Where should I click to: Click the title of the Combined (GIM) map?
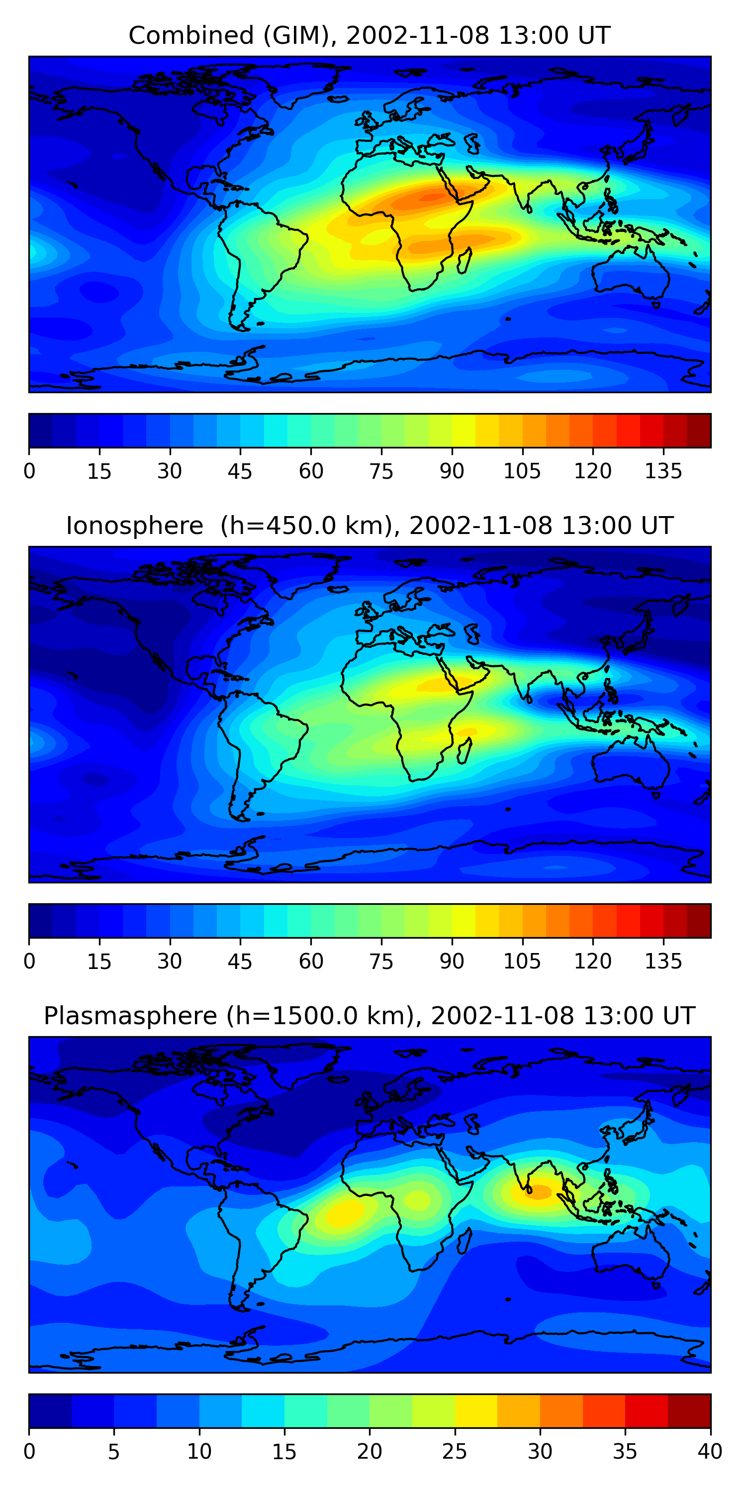[x=369, y=35]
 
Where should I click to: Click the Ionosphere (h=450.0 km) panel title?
[x=369, y=526]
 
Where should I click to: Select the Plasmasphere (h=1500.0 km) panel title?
[x=369, y=1016]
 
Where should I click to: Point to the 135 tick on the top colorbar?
[x=663, y=471]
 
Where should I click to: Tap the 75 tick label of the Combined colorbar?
[x=381, y=471]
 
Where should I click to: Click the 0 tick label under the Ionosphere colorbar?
[x=29, y=961]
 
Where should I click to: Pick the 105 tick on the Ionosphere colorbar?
[x=522, y=961]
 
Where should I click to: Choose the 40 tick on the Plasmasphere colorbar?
[x=710, y=1452]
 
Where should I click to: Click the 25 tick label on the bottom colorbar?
[x=454, y=1452]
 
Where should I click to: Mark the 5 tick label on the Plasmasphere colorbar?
[x=113, y=1452]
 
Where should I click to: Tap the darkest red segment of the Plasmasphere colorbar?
[x=689, y=1411]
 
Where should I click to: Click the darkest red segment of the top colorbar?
[x=699, y=430]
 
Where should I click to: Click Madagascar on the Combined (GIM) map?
[x=465, y=261]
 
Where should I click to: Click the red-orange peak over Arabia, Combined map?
[x=432, y=197]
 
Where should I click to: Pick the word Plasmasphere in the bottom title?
[x=130, y=1016]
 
